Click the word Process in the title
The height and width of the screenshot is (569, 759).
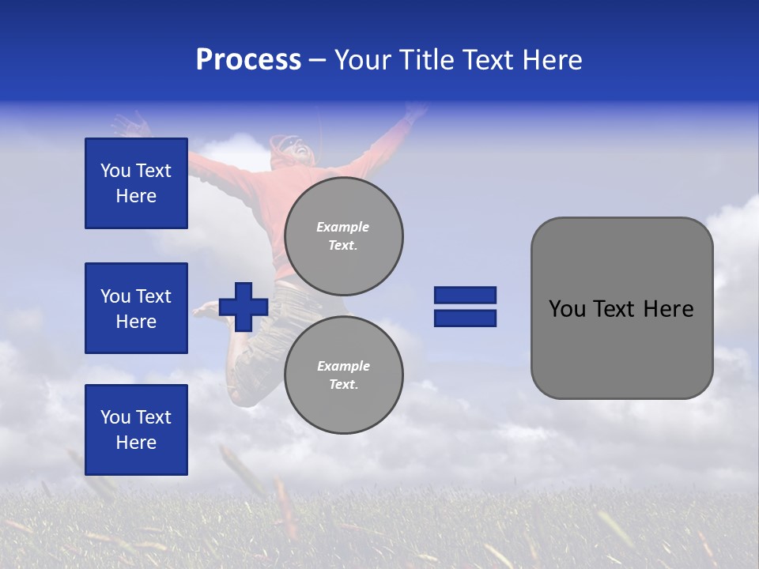pyautogui.click(x=248, y=60)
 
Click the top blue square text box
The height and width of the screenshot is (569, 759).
pyautogui.click(x=136, y=183)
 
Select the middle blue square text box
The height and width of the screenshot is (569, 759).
pyautogui.click(x=136, y=308)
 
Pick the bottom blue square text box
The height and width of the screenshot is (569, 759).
pyautogui.click(x=136, y=430)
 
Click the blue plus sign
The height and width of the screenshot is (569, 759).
pyautogui.click(x=244, y=307)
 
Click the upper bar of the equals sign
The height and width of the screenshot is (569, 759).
pyautogui.click(x=465, y=295)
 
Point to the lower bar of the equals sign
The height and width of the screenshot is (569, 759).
pyautogui.click(x=465, y=318)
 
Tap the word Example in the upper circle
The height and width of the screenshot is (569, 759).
pyautogui.click(x=343, y=227)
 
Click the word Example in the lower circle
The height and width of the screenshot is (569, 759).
pyautogui.click(x=343, y=366)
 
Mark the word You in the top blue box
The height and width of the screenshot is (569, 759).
pyautogui.click(x=115, y=171)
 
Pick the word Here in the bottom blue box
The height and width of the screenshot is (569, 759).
pyautogui.click(x=136, y=443)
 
